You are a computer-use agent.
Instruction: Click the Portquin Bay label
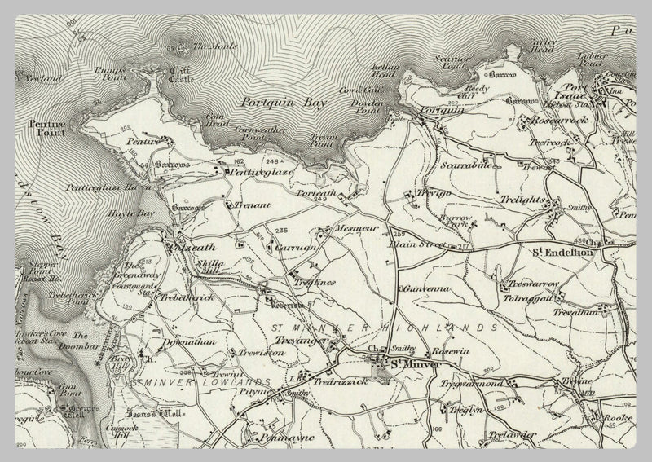(279, 103)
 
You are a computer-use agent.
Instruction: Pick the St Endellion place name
(562, 252)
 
